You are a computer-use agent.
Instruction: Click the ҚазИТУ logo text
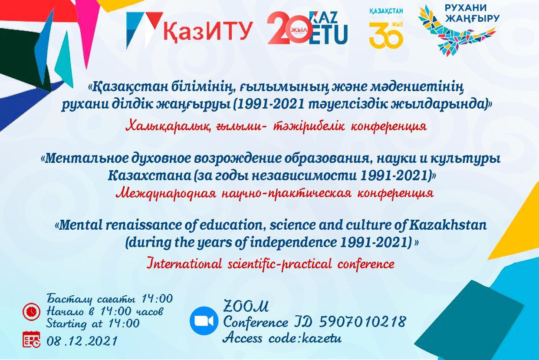pos(208,31)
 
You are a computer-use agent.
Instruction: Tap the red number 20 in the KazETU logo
pos(287,28)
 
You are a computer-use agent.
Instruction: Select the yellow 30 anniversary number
pos(386,35)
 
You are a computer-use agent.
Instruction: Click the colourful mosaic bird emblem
pos(456,30)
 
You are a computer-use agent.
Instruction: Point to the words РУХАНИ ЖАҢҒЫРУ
pos(472,12)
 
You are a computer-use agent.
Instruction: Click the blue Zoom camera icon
pos(204,321)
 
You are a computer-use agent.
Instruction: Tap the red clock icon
pos(31,312)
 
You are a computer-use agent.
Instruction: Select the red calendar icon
pos(32,339)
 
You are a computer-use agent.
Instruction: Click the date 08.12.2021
pos(82,341)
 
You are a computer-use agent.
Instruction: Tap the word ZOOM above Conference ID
pos(246,306)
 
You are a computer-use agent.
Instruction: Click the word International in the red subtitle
pos(184,264)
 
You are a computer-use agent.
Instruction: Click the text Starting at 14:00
pos(93,324)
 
